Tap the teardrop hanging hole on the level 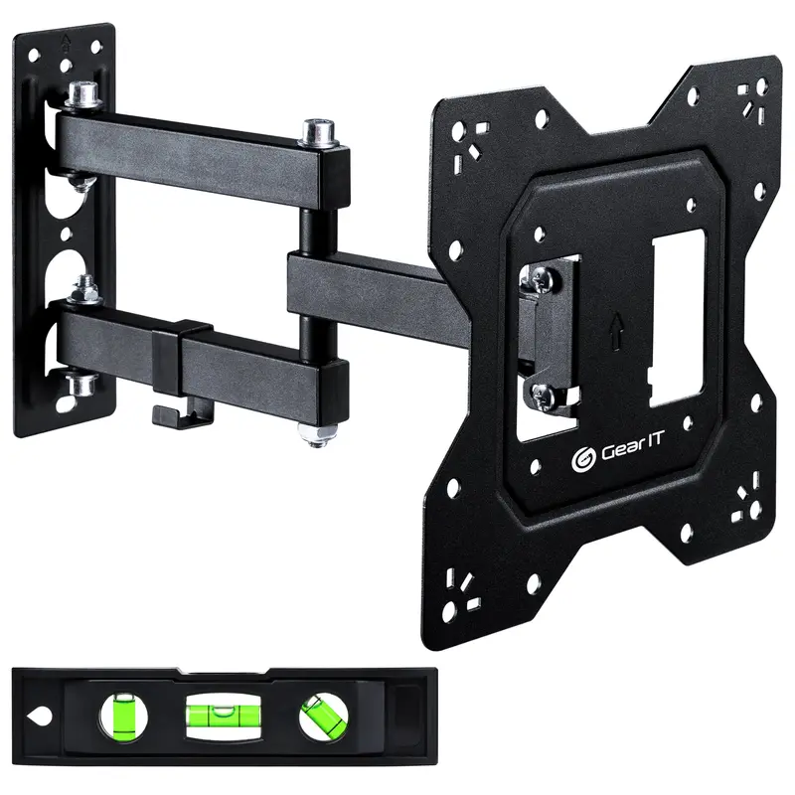tap(40, 715)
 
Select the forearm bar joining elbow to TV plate tap(378, 284)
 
